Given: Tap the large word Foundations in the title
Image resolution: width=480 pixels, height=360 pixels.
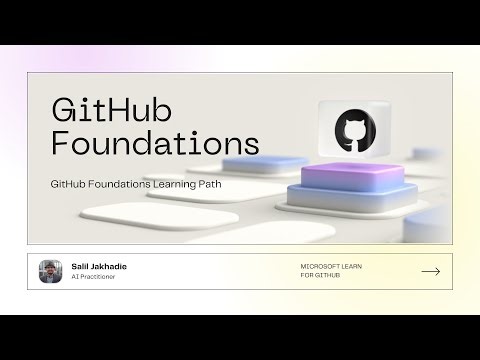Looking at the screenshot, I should tap(154, 141).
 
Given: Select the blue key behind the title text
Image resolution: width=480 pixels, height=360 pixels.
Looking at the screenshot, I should tap(264, 163).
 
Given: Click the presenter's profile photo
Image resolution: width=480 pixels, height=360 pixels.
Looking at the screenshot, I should tap(51, 271).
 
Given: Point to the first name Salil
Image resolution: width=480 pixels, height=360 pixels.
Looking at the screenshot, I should tap(82, 266).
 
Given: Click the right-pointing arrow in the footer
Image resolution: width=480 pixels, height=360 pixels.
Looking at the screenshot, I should tap(431, 271).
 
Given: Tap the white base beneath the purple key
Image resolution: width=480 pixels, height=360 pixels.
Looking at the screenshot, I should tap(345, 199).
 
